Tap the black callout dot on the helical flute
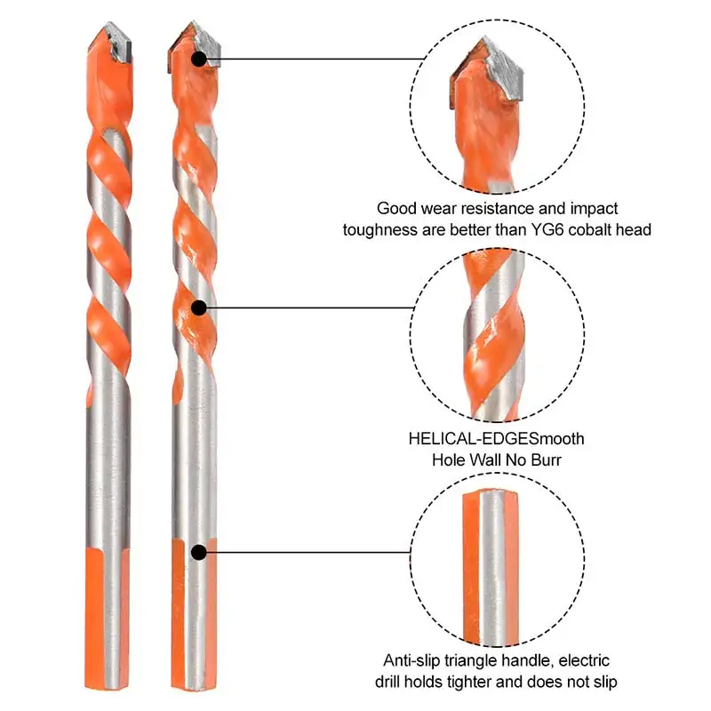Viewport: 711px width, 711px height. pyautogui.click(x=200, y=308)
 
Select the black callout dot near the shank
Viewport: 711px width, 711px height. pyautogui.click(x=199, y=552)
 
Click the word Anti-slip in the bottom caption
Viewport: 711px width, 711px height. pyautogui.click(x=415, y=660)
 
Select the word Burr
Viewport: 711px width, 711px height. pyautogui.click(x=545, y=460)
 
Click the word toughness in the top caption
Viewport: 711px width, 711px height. pyautogui.click(x=381, y=229)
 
